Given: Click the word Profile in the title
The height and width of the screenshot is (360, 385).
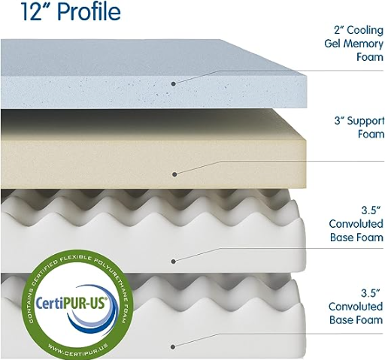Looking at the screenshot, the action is coord(89,11).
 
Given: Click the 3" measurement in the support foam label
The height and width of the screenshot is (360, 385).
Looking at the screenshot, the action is coord(339,121).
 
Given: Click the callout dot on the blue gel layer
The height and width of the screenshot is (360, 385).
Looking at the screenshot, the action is coord(173,84).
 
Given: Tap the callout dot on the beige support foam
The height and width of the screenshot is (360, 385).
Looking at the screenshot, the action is coord(174,174).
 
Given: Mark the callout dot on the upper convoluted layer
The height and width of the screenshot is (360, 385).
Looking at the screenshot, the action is coord(173,262).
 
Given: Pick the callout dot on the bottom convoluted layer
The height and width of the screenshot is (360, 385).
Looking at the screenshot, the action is coord(173,347).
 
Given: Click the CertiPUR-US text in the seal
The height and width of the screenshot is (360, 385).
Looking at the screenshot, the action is coord(71,303).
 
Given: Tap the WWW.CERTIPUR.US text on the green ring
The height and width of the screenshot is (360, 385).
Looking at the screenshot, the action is coord(78,350).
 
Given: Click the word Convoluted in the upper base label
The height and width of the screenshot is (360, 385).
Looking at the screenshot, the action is coord(356,224).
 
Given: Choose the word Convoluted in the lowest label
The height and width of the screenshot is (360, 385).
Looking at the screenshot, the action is coord(356,307).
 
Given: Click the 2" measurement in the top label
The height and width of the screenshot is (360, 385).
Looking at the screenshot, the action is coord(339,30).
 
